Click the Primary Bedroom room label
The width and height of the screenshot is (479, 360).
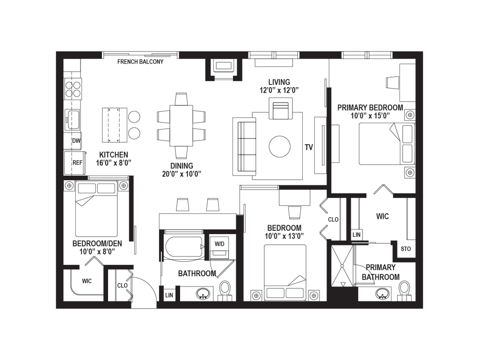click(370, 108)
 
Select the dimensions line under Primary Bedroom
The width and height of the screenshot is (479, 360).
click(370, 117)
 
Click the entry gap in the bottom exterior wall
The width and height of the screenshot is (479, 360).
click(144, 305)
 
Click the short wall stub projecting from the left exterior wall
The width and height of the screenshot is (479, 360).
click(76, 178)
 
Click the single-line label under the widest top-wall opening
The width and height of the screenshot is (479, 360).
click(140, 62)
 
